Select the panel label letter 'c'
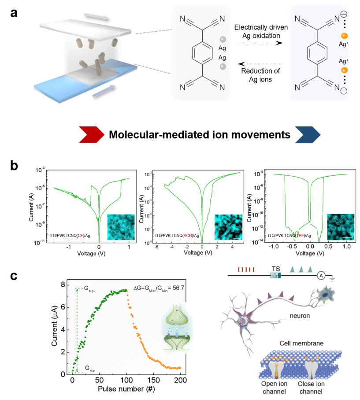point(15,276)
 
